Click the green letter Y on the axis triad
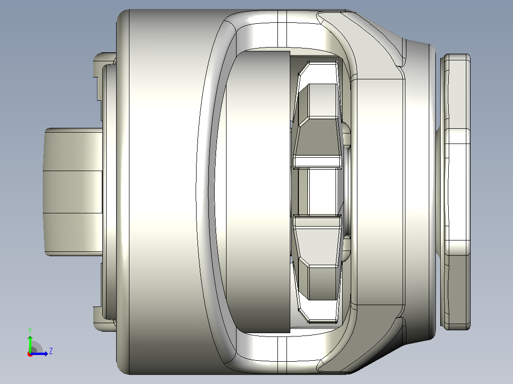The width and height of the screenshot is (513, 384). click(x=30, y=330)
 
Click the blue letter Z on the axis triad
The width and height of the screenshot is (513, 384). click(x=51, y=351)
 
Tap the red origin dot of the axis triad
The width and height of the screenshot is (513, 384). click(x=30, y=354)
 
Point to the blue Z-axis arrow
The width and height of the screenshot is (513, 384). click(x=39, y=354)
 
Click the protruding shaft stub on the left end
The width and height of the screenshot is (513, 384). click(x=73, y=192)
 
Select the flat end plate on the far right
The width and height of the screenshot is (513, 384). click(x=456, y=192)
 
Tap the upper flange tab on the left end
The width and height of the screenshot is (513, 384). click(x=104, y=77)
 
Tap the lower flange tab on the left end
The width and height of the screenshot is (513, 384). click(x=104, y=307)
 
